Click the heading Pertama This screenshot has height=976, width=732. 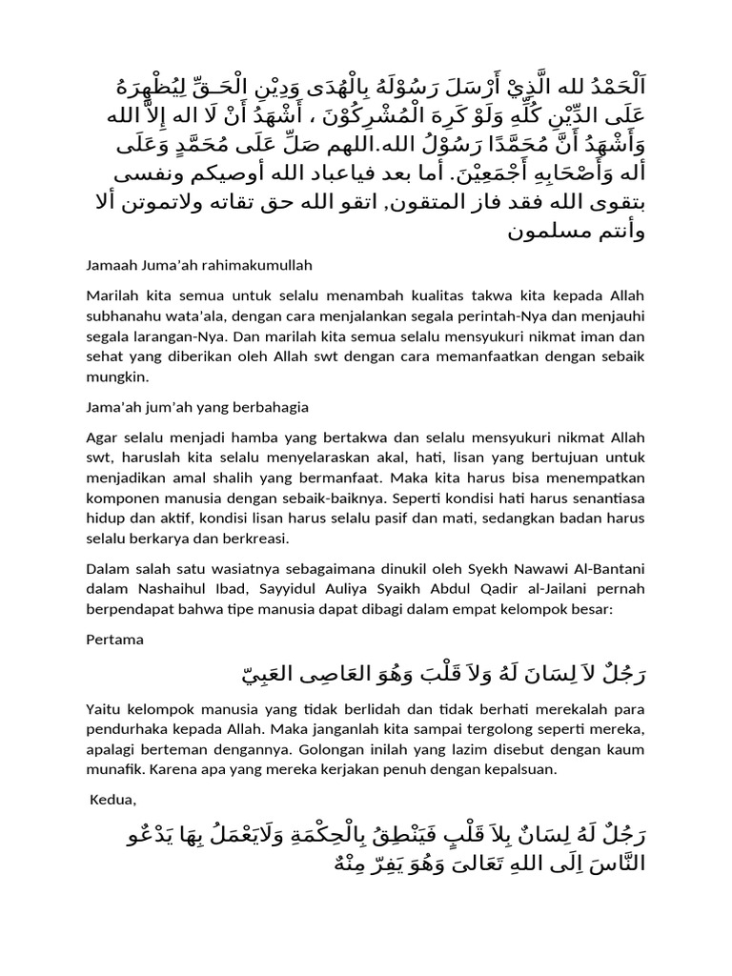114,640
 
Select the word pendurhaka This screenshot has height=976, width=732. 126,728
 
